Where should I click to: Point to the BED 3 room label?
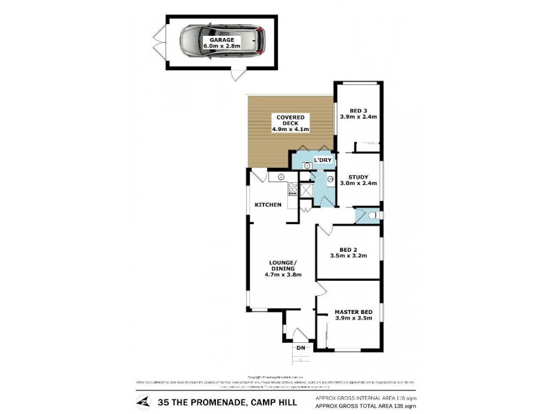coord(357,110)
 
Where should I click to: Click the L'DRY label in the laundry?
coord(323,160)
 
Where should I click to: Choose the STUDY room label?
coord(357,177)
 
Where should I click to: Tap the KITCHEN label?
coord(268,205)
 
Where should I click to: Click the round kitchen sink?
coord(282,177)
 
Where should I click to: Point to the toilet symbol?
coord(372,216)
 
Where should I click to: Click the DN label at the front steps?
coord(300,348)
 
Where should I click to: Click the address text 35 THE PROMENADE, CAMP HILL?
coord(227,402)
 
